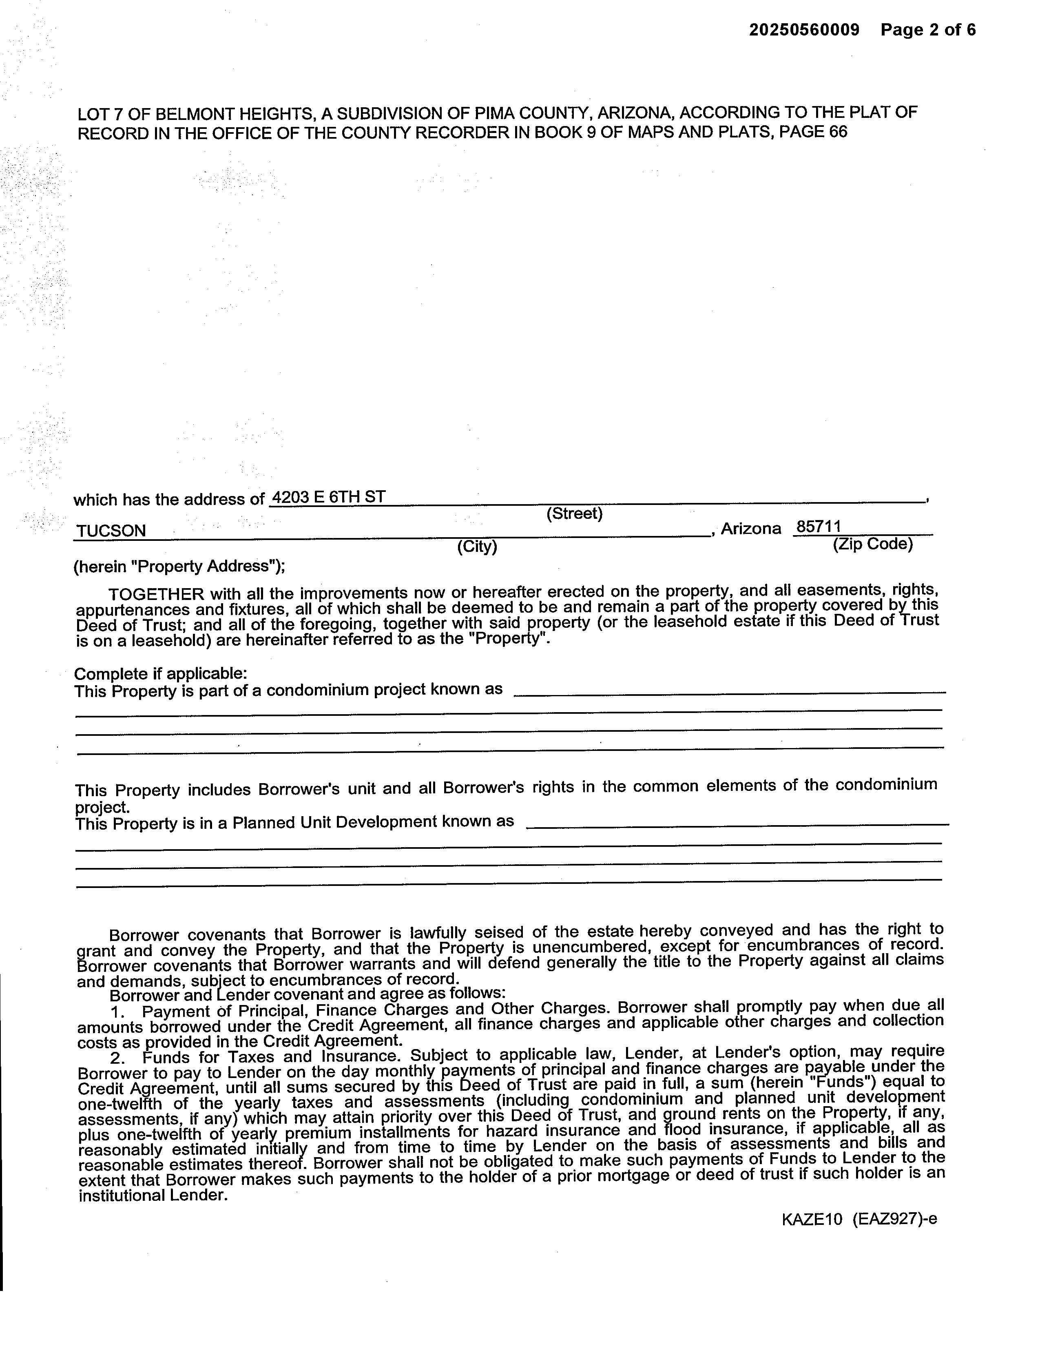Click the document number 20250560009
804,30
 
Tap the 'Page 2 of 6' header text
928,30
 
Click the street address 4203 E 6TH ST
328,497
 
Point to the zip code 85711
819,527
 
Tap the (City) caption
477,547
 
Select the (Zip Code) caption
872,544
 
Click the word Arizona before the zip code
750,529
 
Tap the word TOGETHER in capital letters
156,594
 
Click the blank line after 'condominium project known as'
730,693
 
